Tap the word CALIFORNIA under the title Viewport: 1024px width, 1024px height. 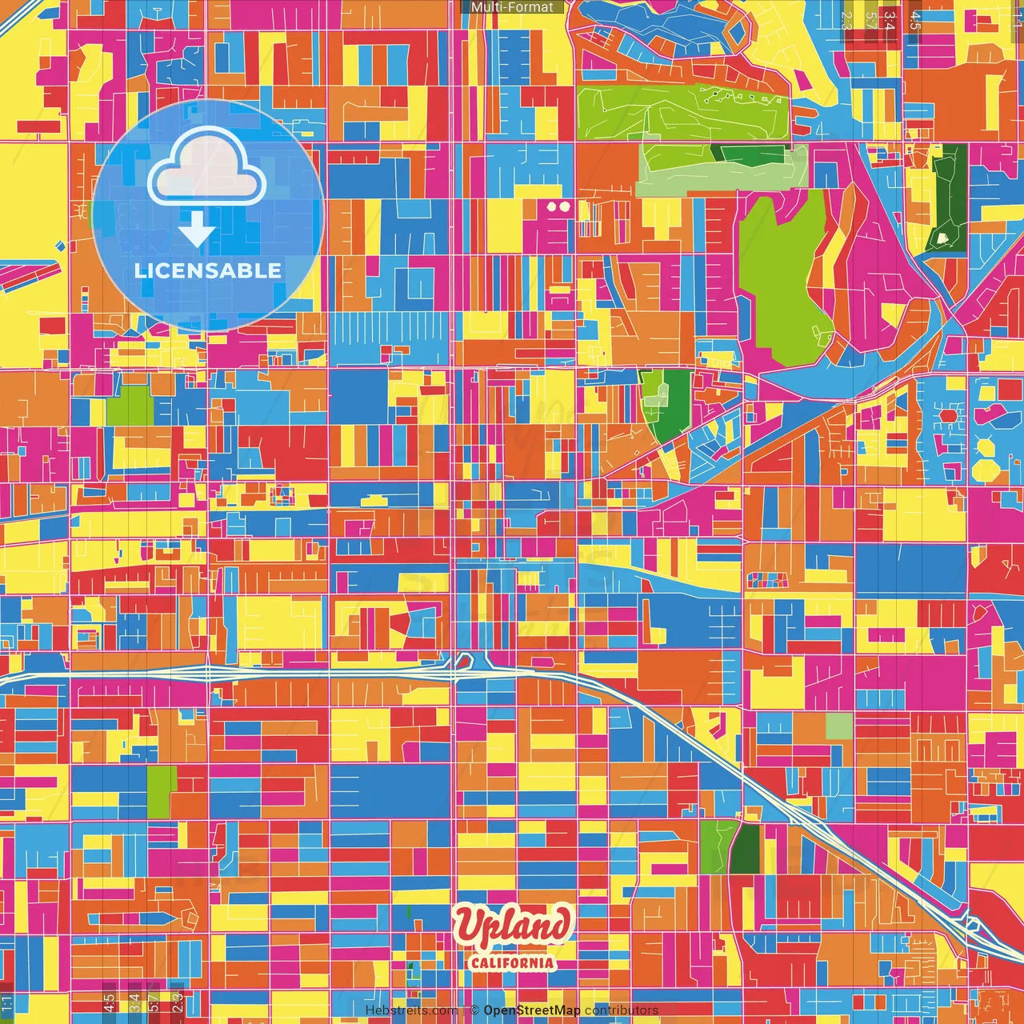(x=512, y=962)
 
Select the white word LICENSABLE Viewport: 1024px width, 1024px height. (x=207, y=270)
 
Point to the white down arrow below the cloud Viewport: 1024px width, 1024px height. (x=196, y=230)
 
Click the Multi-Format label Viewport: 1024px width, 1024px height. (x=512, y=7)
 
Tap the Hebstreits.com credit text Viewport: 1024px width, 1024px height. (x=411, y=1010)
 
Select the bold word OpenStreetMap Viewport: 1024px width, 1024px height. (x=531, y=1010)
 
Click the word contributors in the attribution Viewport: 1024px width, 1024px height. (x=622, y=1010)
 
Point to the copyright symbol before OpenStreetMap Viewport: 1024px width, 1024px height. (x=474, y=1010)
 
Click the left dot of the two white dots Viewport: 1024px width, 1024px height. (x=552, y=206)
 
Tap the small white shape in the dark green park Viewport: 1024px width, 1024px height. (x=943, y=238)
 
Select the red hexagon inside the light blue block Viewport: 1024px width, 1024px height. (x=949, y=416)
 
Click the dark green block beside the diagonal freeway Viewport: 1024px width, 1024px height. (x=746, y=848)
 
